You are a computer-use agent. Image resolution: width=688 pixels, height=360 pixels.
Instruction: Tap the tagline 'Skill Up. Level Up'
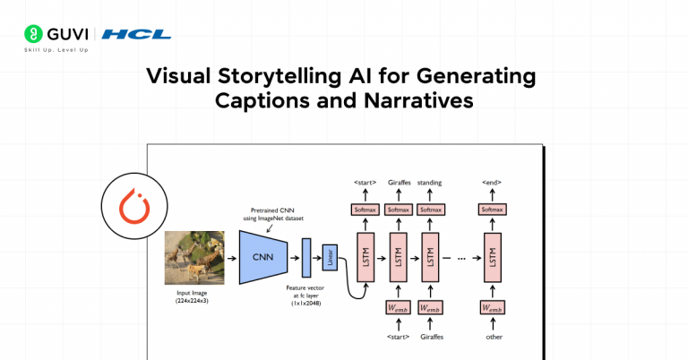56,50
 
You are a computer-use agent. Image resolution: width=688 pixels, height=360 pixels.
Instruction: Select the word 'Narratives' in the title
420,100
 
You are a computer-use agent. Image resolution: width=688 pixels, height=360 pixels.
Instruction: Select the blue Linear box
329,257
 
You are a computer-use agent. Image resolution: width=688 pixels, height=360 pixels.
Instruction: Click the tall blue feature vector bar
305,257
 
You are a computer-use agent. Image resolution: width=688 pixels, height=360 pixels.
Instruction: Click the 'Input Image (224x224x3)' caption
193,296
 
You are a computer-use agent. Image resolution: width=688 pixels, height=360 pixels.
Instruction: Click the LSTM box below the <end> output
492,257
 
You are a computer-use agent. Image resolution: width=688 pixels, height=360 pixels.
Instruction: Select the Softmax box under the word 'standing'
430,210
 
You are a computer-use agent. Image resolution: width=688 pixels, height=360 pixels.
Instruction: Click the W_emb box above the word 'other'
492,308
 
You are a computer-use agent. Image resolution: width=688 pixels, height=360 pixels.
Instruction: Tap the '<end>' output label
492,183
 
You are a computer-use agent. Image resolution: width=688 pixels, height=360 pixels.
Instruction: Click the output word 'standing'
430,183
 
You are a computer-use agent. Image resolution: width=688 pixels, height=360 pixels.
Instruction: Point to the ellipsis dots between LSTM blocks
461,258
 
